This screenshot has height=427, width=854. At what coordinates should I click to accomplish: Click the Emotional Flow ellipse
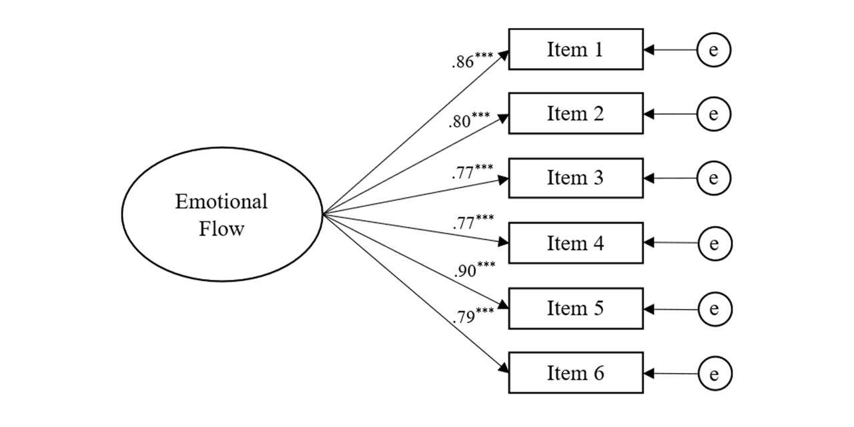click(222, 213)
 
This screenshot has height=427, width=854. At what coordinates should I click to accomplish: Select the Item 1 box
click(575, 49)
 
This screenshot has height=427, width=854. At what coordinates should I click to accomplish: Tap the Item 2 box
click(575, 114)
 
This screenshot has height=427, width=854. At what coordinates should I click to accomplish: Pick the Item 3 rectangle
click(575, 178)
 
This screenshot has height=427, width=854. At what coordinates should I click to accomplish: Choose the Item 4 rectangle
click(575, 244)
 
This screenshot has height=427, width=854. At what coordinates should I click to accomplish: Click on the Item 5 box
click(575, 308)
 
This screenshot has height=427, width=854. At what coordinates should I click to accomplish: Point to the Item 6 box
click(575, 373)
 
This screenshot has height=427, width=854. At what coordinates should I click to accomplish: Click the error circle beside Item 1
click(714, 50)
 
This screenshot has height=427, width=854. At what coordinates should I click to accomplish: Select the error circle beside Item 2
click(714, 115)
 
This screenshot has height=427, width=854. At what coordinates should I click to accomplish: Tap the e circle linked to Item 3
click(714, 179)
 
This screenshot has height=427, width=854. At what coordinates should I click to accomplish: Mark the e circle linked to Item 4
click(715, 244)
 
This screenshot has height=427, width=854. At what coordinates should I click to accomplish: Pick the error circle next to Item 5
click(715, 309)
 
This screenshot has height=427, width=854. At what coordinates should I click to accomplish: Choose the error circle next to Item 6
click(715, 373)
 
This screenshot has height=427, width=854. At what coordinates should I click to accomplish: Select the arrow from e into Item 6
click(671, 373)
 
